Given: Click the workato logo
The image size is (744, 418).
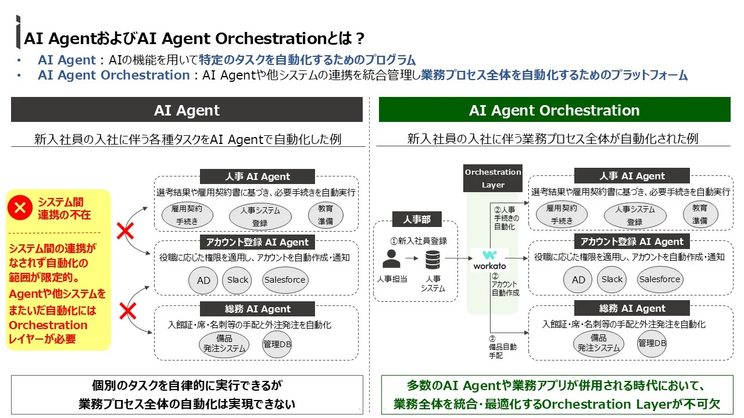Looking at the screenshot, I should point(489,260).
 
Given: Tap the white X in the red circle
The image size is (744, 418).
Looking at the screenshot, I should point(20,208).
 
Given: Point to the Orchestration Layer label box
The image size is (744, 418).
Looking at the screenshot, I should point(493,178).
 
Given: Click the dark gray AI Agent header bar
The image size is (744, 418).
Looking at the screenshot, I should point(187,110).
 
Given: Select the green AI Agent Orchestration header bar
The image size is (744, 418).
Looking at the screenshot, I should point(554,110).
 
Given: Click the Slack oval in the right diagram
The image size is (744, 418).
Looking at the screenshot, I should point(612,280).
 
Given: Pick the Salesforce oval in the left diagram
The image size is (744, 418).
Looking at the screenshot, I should point(285,280).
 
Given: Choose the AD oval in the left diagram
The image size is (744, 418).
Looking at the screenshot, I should point(203,280).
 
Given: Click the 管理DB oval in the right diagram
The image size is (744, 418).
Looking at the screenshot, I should point(652,343).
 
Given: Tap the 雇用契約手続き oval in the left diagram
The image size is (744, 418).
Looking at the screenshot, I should point(187,215).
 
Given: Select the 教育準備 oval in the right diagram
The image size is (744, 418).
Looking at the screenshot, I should point(700,214).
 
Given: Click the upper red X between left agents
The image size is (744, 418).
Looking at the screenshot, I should point(126,232).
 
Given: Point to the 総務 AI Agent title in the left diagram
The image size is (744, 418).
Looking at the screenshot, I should point(257,309).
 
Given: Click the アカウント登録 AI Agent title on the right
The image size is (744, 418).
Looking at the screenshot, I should point(632,242).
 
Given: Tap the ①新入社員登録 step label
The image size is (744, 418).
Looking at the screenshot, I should point(419,240).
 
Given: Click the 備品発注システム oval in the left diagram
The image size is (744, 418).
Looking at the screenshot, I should point(224,344).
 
